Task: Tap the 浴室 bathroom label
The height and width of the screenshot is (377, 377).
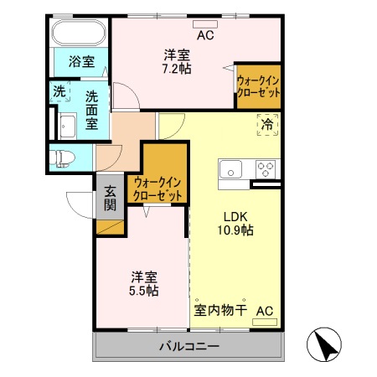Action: coord(81,61)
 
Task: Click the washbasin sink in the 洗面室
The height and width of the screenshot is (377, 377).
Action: coord(67,126)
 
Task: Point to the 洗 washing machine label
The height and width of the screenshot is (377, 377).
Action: coord(59,91)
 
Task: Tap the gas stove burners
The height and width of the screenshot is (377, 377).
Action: coord(266,168)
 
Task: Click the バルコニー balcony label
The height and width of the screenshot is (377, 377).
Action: coord(188,345)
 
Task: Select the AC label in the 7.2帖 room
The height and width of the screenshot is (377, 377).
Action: coord(205,35)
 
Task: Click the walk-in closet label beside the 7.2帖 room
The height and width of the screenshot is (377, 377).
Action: coord(258,85)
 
